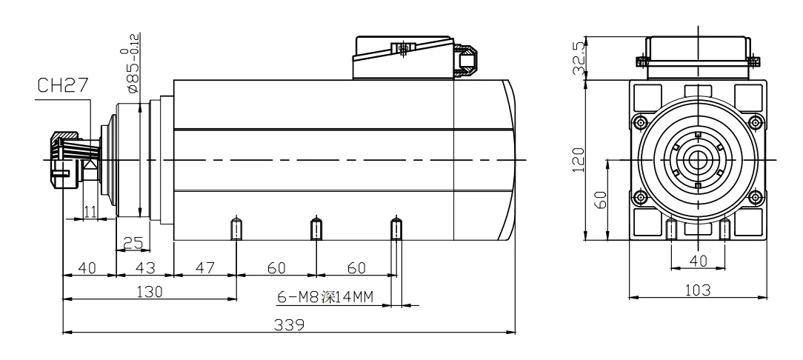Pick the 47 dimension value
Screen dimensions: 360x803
(x=204, y=267)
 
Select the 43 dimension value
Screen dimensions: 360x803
(x=144, y=267)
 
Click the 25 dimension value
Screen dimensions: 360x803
(x=133, y=242)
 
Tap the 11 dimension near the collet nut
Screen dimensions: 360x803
(x=90, y=212)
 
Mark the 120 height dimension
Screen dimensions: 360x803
(x=580, y=159)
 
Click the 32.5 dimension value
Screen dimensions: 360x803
(x=580, y=58)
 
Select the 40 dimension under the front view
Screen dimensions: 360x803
(x=697, y=260)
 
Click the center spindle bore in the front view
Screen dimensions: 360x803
(x=697, y=159)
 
